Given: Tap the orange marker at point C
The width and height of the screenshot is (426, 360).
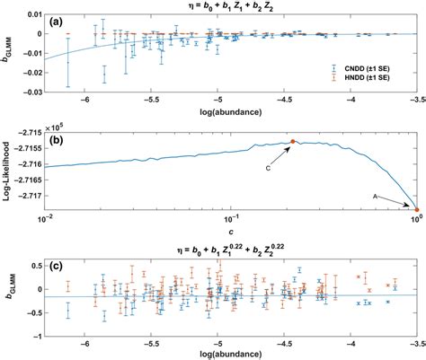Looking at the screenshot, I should coord(292,142).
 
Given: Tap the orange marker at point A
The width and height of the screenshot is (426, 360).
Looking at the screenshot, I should coord(416,210).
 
